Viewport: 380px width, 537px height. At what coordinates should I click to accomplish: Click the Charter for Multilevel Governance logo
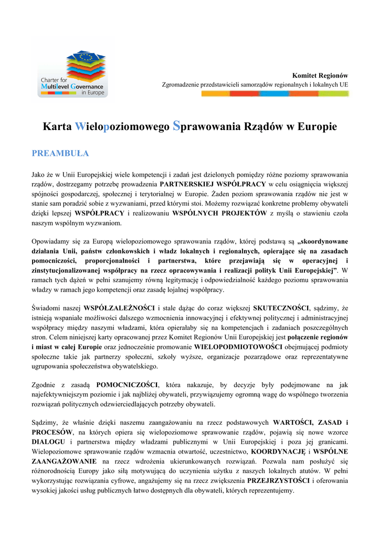[x=73, y=73]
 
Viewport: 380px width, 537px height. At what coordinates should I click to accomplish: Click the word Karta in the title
[x=58, y=127]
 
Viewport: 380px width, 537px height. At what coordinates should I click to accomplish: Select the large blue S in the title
[x=177, y=126]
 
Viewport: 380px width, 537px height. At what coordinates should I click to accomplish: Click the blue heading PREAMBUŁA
[x=60, y=154]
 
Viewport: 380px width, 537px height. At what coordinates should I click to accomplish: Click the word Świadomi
[x=46, y=308]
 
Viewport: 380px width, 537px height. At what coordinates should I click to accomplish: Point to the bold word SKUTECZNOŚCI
[x=281, y=308]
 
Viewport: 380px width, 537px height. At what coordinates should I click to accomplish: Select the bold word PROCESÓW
[x=52, y=433]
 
